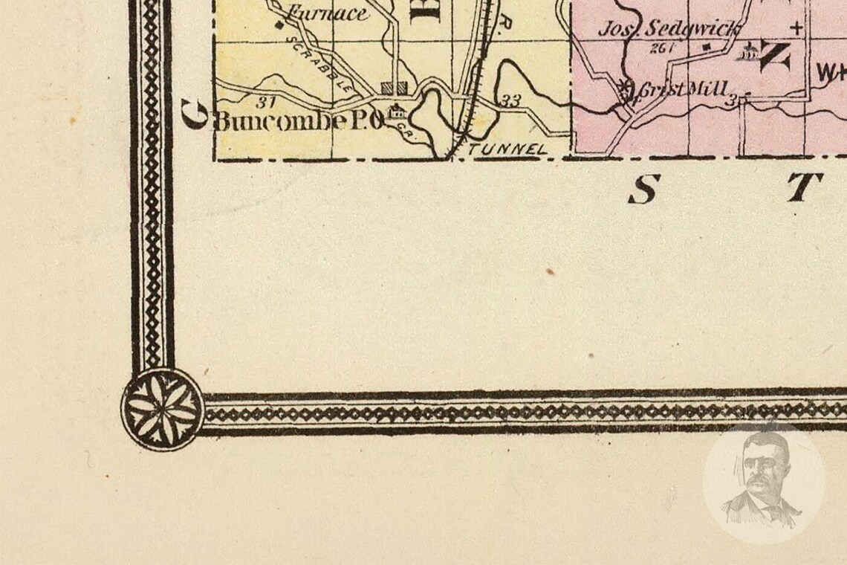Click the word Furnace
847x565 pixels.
pos(327,13)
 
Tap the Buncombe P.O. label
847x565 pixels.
pos(298,120)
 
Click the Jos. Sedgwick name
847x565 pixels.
pos(669,29)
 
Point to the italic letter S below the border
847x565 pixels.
pos(643,190)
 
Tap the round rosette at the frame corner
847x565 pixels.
pos(163,409)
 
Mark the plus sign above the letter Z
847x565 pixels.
pos(797,29)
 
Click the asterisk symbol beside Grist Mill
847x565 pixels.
pos(626,85)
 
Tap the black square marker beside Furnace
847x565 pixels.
pos(278,25)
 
